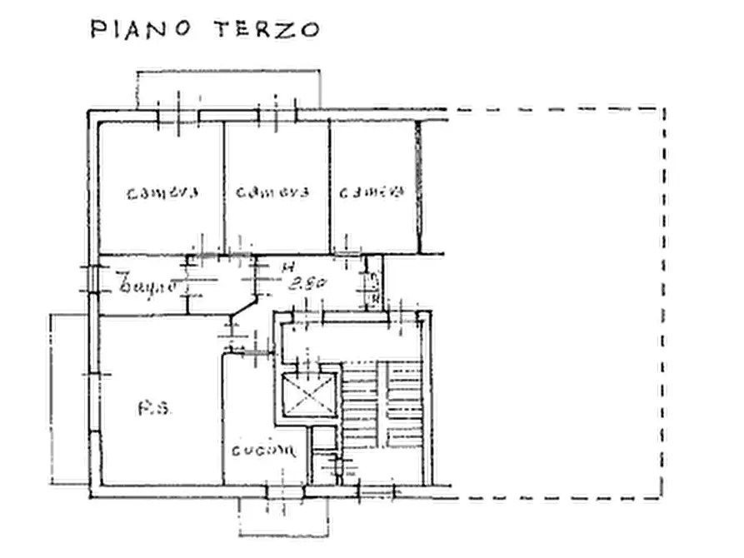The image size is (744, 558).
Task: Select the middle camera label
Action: coord(272,192)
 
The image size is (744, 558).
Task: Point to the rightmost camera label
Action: coord(371,192)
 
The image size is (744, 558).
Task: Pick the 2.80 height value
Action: coord(306,284)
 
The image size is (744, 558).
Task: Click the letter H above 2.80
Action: coord(287,267)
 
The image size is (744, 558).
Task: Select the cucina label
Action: coord(263,451)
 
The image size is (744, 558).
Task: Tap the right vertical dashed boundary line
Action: coord(663,300)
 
